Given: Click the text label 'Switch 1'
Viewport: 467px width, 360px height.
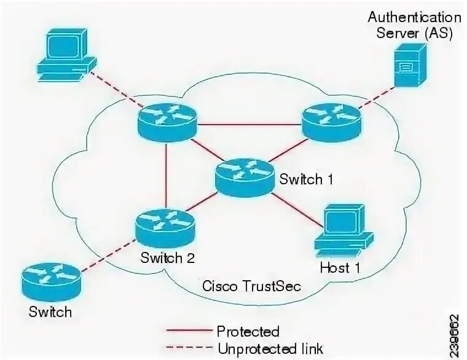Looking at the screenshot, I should click(x=306, y=179).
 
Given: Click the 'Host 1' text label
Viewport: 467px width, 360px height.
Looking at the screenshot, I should click(x=340, y=268).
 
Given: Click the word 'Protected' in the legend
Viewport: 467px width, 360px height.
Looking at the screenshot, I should click(x=248, y=332).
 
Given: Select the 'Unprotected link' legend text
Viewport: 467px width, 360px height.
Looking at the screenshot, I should click(x=270, y=348).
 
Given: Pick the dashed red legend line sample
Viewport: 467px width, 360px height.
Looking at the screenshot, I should click(x=190, y=348).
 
